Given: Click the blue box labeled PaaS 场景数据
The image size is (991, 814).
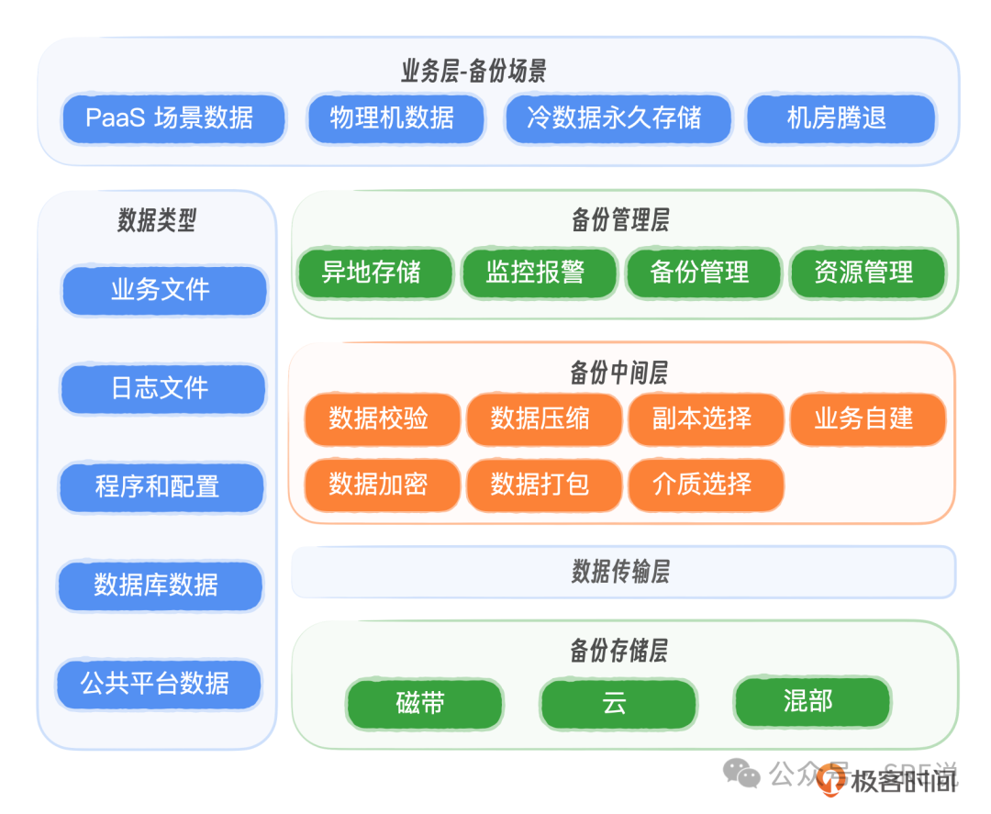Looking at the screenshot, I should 173,118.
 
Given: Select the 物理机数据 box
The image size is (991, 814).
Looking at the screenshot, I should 395,118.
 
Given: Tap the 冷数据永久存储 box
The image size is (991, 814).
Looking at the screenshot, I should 618,118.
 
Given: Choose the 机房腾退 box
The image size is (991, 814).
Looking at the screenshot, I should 840,118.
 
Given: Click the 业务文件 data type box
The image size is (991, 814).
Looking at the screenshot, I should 163,291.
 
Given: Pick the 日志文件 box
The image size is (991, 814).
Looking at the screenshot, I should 162,388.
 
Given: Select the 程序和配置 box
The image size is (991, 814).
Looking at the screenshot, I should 161,486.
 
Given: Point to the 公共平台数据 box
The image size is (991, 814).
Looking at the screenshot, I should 158,684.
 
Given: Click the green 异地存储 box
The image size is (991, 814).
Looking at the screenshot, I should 374,273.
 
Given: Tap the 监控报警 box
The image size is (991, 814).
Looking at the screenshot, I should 538,273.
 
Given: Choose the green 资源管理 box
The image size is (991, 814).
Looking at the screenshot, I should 866,273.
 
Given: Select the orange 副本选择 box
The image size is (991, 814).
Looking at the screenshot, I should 705,419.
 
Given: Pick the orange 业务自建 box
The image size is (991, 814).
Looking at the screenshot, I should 866,419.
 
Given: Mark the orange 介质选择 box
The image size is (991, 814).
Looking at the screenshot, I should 705,484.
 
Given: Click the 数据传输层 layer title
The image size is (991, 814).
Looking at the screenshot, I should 621,572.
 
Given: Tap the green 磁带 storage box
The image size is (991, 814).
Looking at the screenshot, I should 423,704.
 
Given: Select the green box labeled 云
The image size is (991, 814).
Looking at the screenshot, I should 617,704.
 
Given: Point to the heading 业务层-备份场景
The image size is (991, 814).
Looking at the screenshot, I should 474,71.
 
